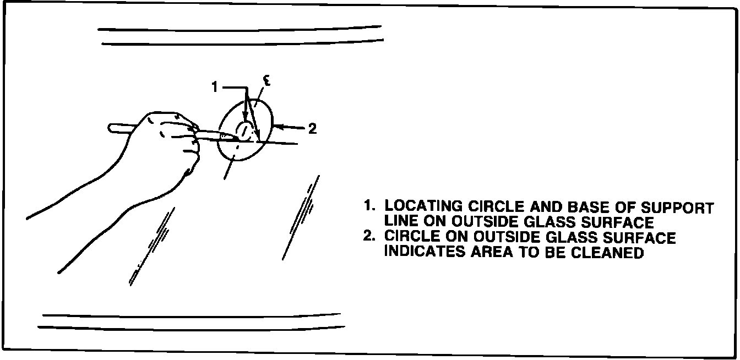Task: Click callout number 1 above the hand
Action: coord(215,86)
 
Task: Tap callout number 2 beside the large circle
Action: coord(312,129)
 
